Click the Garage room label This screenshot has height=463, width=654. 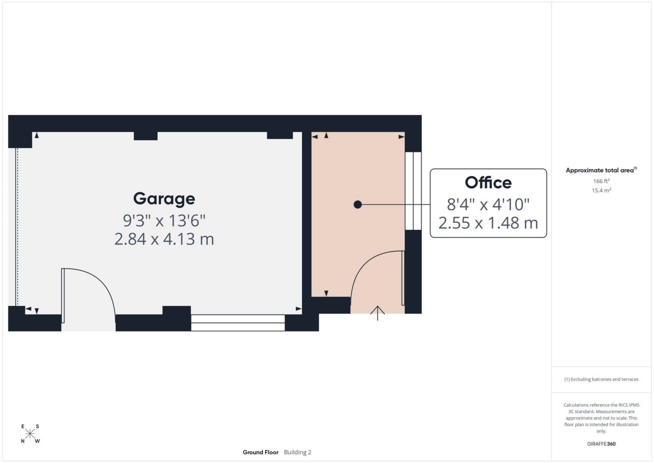(164, 199)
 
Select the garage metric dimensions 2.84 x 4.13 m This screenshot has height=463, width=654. (164, 239)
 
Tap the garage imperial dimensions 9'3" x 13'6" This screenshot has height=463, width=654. (164, 221)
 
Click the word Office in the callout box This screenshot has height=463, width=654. (488, 183)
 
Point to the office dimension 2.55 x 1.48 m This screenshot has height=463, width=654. (488, 223)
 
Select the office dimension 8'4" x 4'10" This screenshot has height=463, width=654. (488, 205)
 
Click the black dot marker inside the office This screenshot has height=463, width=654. (358, 205)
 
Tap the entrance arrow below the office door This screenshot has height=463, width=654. (377, 313)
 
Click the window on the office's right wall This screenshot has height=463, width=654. (413, 191)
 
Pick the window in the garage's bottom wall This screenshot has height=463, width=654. (238, 323)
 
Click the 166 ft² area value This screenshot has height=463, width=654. (601, 181)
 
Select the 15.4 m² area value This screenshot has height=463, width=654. (601, 190)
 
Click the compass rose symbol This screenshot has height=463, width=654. (30, 434)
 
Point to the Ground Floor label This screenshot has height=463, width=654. (260, 452)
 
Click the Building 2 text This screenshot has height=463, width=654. (297, 452)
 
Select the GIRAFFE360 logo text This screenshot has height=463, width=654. (601, 444)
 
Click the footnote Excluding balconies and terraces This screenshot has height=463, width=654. (601, 379)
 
